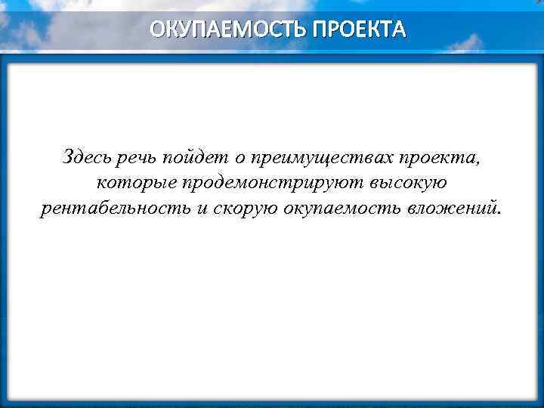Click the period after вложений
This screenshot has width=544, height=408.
point(498,212)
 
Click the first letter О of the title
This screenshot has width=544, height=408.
point(156,29)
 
